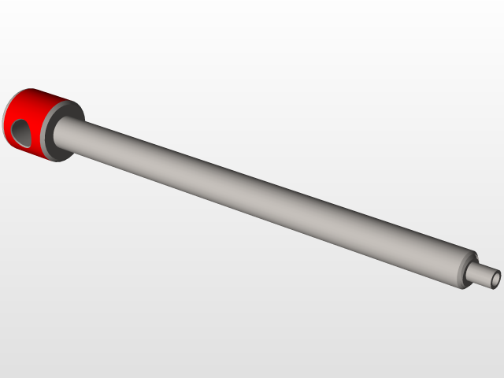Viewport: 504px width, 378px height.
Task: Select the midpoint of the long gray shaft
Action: (268, 197)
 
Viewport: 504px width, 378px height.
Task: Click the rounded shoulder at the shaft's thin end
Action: (465, 268)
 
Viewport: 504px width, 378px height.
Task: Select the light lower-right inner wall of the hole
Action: (30, 137)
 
